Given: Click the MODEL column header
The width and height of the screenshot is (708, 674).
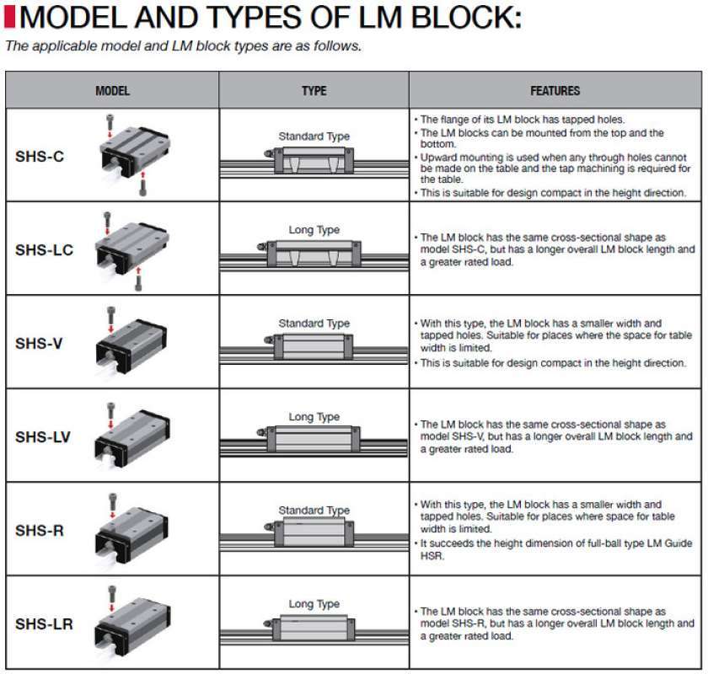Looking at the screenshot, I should point(112,90).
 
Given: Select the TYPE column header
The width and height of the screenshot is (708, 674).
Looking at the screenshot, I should point(314,90).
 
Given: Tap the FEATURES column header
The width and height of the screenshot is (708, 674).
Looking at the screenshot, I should point(555,90).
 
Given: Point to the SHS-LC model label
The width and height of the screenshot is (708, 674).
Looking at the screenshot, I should point(44,249).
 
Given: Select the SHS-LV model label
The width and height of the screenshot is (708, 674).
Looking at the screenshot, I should point(43,436).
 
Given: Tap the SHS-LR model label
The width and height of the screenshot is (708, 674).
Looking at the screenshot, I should point(44,624).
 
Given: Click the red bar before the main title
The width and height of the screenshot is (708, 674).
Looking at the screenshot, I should point(9,18).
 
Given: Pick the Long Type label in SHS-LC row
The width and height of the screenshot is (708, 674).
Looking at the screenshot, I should point(314,230).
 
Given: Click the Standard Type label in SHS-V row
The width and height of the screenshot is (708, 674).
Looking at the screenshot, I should point(314,324).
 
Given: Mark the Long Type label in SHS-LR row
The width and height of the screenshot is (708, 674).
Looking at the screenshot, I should point(314,604).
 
